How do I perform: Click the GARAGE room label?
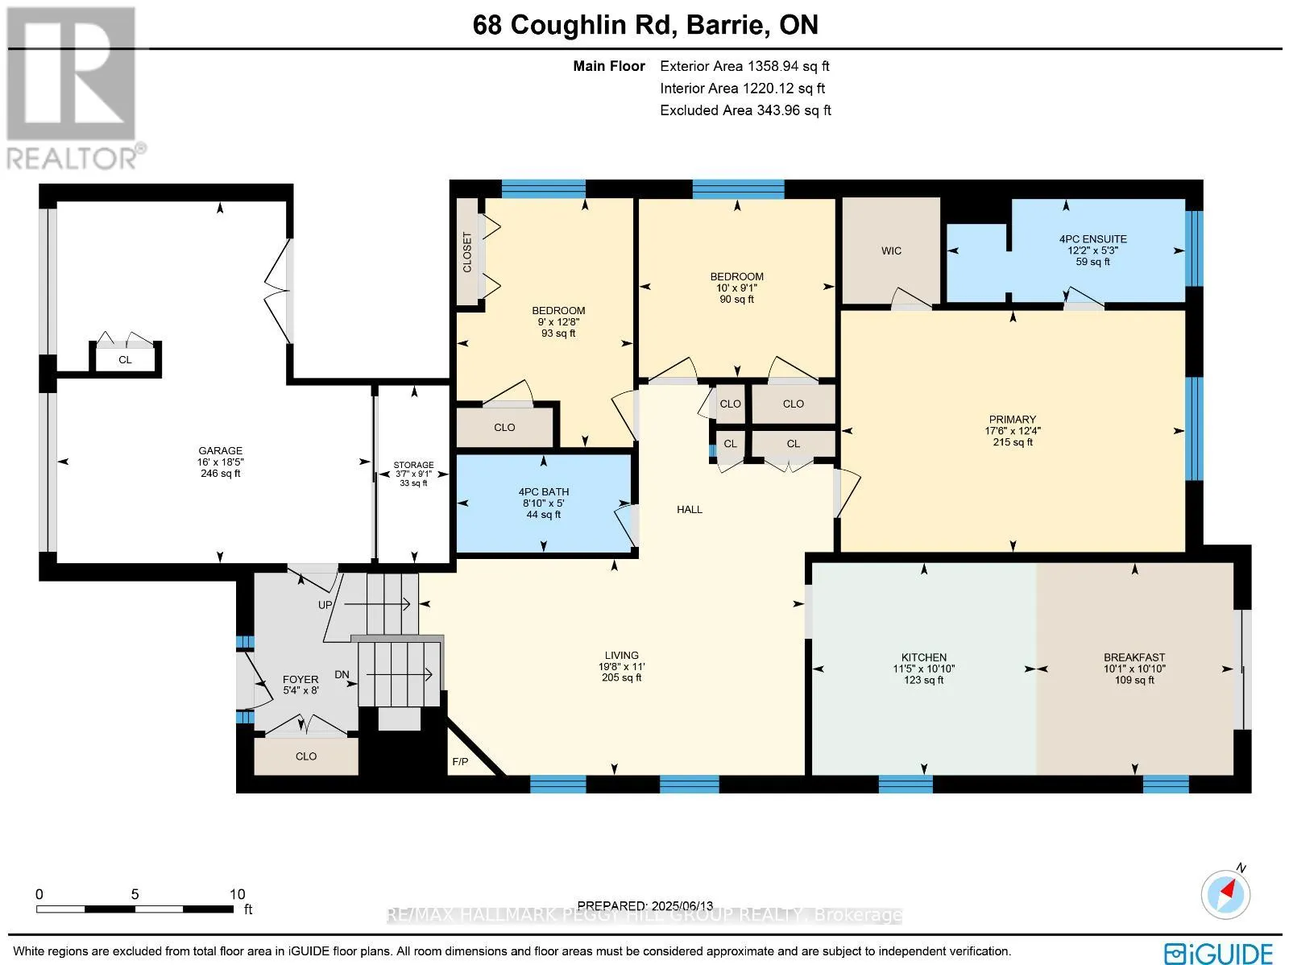coord(220,451)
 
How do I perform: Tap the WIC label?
coord(891,251)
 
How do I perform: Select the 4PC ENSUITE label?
coord(1093,239)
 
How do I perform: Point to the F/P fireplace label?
coord(460,761)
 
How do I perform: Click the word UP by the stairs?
coord(325,605)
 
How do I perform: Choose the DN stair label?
coord(342,674)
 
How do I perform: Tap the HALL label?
coord(690,510)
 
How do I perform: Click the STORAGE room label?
coord(413,465)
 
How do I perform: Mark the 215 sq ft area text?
coord(1013,442)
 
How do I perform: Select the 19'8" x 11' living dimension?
coord(621,666)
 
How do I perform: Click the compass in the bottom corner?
coord(1225,895)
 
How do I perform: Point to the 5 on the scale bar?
coord(135,894)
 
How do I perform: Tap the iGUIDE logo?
coord(1219,951)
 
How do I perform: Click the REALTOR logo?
coord(73,88)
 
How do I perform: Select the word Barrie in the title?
coord(725,25)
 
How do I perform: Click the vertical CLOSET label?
coord(467,252)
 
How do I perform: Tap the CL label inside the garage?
coord(125,359)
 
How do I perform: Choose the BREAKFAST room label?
coord(1134,657)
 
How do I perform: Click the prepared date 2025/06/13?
coord(682,905)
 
